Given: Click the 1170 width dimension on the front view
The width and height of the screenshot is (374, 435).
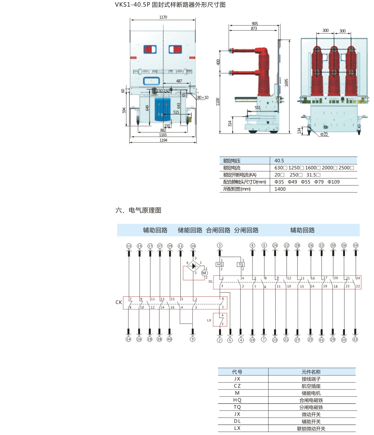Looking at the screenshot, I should pyautogui.click(x=163, y=17).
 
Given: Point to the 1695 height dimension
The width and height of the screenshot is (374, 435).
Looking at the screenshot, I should pyautogui.click(x=286, y=82).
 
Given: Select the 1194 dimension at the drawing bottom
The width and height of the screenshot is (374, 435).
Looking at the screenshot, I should pyautogui.click(x=163, y=140).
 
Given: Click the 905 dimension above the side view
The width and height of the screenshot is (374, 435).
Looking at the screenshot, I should pyautogui.click(x=254, y=23).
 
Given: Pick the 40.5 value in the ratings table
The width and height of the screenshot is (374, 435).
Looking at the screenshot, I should pyautogui.click(x=279, y=160).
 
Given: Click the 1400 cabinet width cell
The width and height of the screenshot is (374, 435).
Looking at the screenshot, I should pyautogui.click(x=280, y=189).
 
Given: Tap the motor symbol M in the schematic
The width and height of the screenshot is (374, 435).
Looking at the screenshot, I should pyautogui.click(x=204, y=273).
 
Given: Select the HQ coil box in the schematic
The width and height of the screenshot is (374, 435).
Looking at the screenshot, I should pyautogui.click(x=219, y=264).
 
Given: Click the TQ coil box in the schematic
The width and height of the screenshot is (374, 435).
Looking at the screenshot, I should pyautogui.click(x=241, y=264).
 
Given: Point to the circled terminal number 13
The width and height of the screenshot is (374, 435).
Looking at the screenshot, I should pyautogui.click(x=129, y=246).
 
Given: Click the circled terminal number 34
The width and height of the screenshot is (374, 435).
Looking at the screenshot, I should pyautogui.click(x=356, y=246).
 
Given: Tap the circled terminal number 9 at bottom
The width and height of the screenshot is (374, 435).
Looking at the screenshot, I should pyautogui.click(x=193, y=340).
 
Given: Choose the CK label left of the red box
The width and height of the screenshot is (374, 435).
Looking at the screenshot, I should pyautogui.click(x=118, y=302).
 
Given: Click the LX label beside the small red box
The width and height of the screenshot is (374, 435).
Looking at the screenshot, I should pyautogui.click(x=209, y=321).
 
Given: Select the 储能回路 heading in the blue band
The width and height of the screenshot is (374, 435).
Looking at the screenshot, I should pyautogui.click(x=190, y=230).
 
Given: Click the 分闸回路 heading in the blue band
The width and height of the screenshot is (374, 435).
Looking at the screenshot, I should pyautogui.click(x=246, y=230).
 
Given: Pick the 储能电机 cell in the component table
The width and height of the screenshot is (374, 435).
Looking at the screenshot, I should pyautogui.click(x=311, y=393).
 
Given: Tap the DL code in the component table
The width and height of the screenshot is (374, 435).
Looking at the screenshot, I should pyautogui.click(x=237, y=421).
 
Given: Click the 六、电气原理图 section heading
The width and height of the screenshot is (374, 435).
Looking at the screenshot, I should pyautogui.click(x=139, y=210).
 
